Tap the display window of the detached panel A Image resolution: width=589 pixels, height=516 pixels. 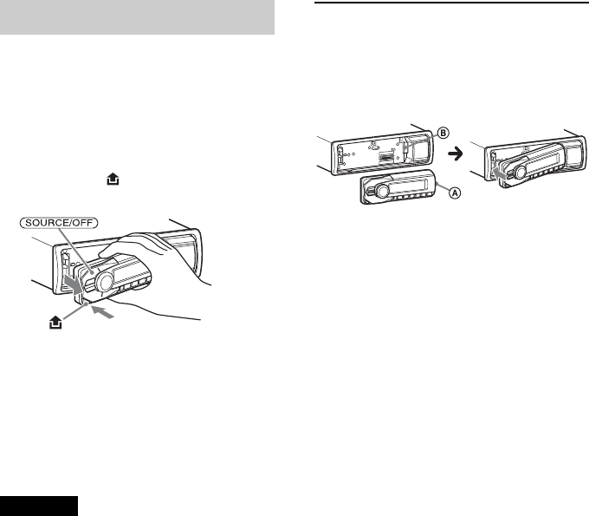(x=411, y=184)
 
